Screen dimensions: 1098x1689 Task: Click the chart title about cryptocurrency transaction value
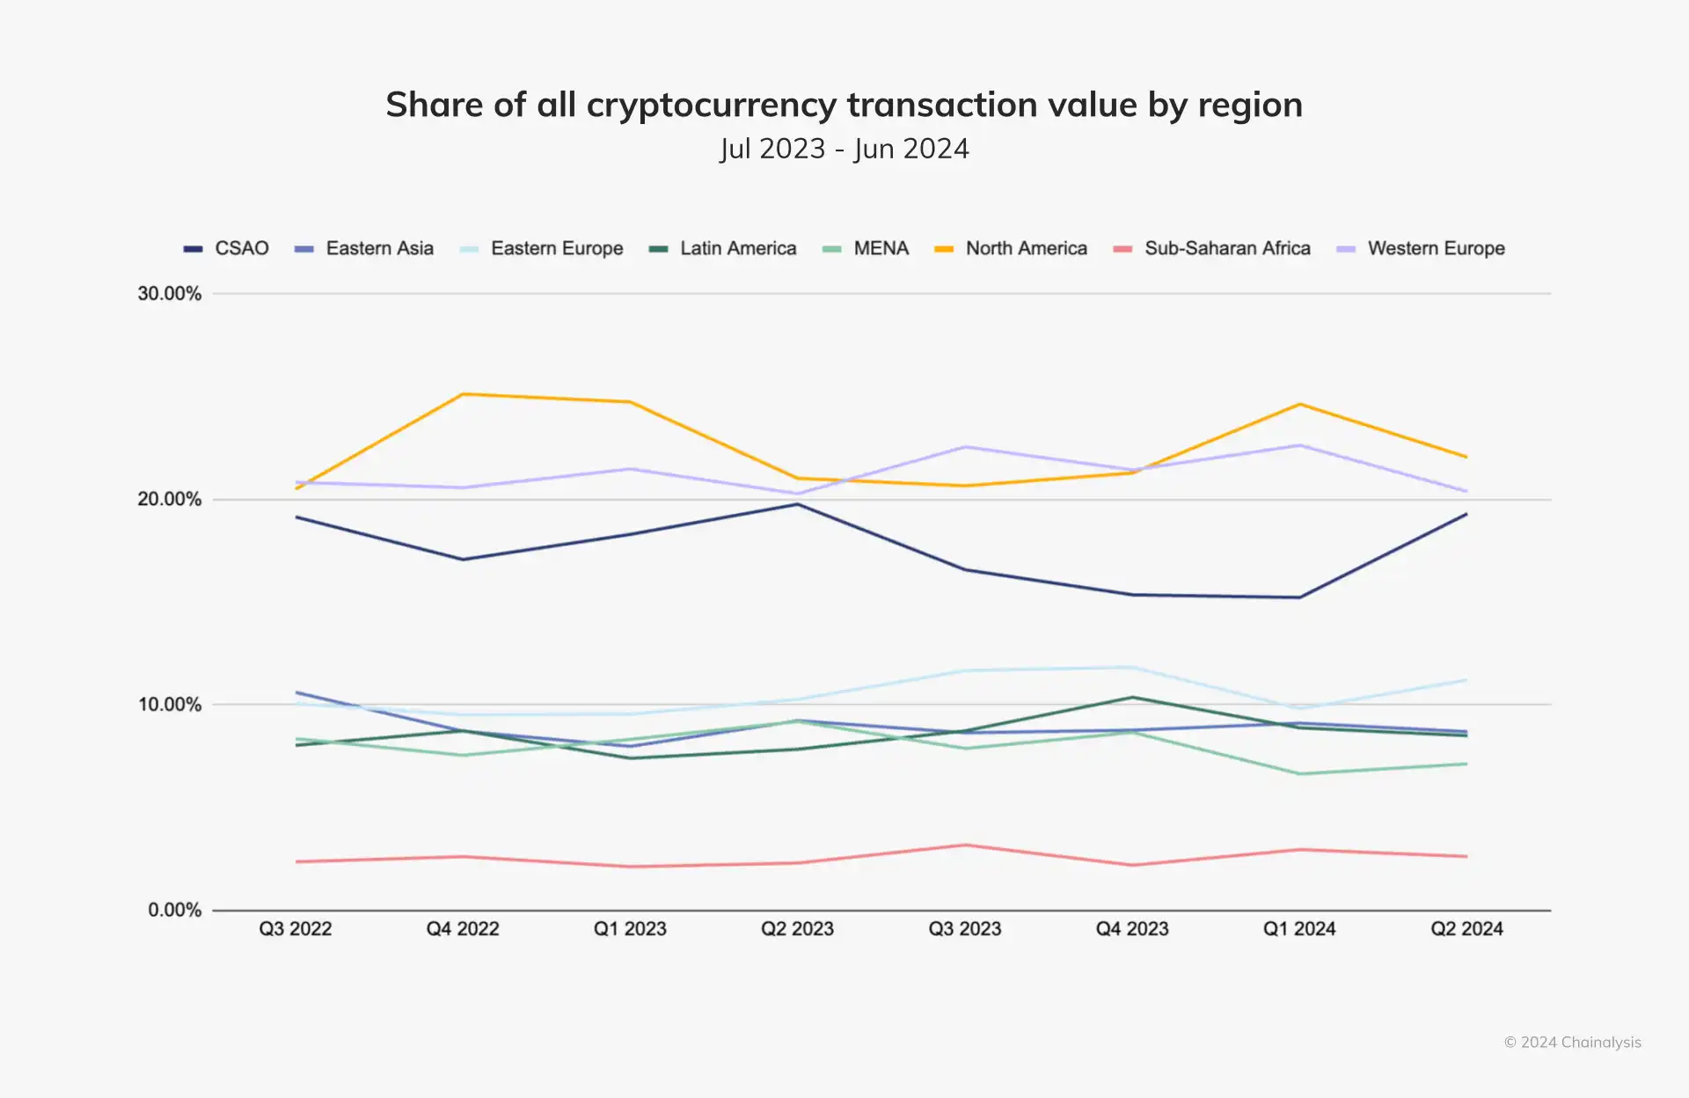coord(844,105)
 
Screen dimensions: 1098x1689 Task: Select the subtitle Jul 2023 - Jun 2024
coord(844,149)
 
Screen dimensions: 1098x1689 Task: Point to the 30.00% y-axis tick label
coord(170,294)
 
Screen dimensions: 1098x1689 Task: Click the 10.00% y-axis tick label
coord(170,705)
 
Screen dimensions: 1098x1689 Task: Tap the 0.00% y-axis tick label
coord(174,910)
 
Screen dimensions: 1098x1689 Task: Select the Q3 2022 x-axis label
coord(296,929)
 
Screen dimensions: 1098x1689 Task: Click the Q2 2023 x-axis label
coord(797,929)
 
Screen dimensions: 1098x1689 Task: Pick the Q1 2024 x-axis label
coord(1299,929)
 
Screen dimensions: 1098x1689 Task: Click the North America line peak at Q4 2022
coord(463,394)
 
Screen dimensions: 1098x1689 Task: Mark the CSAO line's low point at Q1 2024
coord(1299,597)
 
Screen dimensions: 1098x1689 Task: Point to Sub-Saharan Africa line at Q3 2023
coord(965,845)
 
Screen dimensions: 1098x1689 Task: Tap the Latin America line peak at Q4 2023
coord(1132,698)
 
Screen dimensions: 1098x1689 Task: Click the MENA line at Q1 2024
coord(1299,773)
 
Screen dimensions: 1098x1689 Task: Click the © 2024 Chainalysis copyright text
coord(1572,1043)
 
